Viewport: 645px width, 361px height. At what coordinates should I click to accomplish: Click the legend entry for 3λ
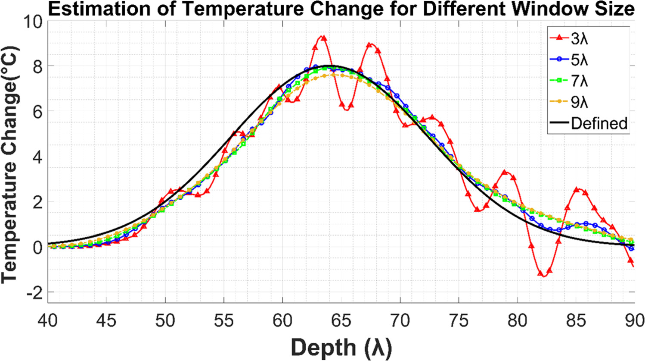[579, 39]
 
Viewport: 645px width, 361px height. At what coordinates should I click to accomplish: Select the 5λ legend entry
[579, 60]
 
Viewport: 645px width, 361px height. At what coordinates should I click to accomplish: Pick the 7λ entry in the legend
[579, 81]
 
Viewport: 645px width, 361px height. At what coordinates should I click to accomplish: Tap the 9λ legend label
[579, 102]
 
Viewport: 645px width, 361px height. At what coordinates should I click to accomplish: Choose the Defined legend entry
[598, 123]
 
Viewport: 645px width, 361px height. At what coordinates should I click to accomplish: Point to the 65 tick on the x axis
[341, 321]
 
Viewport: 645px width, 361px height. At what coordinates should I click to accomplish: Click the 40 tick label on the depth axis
[48, 321]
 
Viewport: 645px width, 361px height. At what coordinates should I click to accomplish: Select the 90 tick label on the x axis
[633, 321]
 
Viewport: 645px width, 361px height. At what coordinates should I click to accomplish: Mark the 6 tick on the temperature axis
[38, 112]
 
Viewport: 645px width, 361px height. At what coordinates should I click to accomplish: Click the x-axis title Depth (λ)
[341, 347]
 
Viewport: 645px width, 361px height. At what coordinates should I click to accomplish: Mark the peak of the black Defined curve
[329, 66]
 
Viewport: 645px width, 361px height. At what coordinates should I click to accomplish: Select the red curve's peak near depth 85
[579, 189]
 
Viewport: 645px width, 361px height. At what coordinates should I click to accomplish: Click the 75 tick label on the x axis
[459, 321]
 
